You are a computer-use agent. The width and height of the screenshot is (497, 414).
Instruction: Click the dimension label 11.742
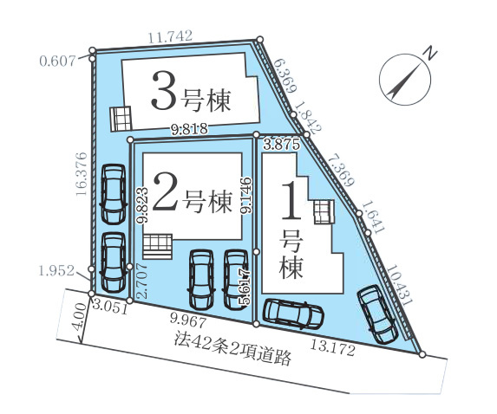[x=170, y=36]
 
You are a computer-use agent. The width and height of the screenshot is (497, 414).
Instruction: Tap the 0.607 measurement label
[x=58, y=61]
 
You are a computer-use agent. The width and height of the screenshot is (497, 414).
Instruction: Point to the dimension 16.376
[x=82, y=174]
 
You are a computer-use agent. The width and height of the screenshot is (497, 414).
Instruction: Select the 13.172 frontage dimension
[x=332, y=347]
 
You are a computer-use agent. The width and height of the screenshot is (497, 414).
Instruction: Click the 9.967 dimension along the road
[x=188, y=321]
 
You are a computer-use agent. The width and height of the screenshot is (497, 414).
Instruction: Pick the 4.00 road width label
[x=79, y=317]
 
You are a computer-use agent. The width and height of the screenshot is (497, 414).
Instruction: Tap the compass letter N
[x=430, y=53]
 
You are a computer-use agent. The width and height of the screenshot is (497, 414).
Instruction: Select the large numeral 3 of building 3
[x=164, y=90]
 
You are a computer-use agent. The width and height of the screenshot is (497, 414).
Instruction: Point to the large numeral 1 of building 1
[x=291, y=201]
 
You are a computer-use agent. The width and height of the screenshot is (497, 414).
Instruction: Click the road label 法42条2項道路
[x=232, y=349]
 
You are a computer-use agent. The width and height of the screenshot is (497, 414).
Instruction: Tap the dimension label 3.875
[x=282, y=145]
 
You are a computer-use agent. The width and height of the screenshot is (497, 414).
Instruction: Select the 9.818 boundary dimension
[x=190, y=129]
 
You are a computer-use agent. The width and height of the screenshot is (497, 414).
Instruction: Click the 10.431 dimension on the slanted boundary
[x=399, y=284]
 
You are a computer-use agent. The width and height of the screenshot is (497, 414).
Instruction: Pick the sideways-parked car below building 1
[x=294, y=313]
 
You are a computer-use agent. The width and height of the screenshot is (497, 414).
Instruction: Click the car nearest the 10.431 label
[x=376, y=314]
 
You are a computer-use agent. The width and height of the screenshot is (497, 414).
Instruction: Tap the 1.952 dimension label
[x=56, y=270]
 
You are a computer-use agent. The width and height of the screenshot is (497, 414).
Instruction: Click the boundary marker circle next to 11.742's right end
[x=260, y=40]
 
